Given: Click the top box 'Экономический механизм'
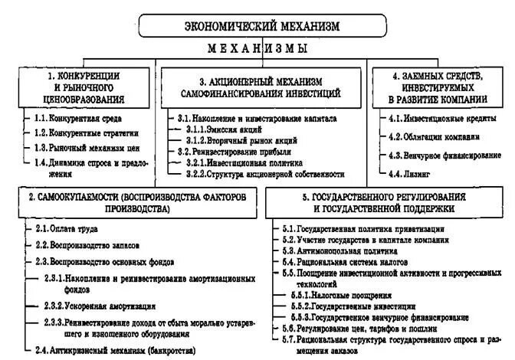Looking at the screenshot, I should point(257,26).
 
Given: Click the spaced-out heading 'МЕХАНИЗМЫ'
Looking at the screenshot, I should point(257,49).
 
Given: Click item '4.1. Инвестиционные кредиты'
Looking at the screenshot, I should point(441,119).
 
